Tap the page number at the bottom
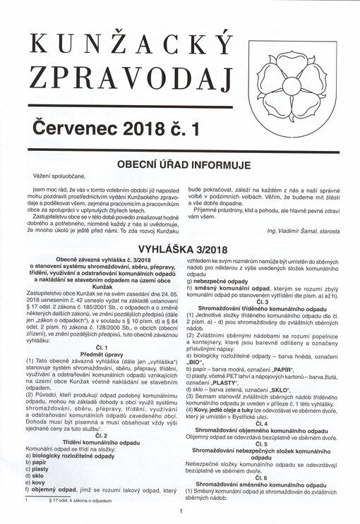coord(181,512)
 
